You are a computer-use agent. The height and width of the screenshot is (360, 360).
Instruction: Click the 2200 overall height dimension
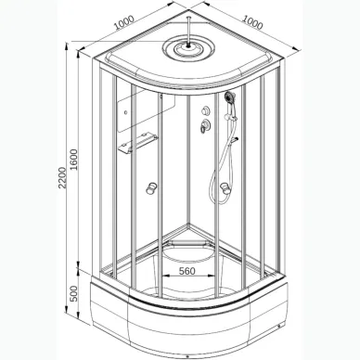[63, 178]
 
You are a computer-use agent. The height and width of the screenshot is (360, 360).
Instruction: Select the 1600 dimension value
[74, 160]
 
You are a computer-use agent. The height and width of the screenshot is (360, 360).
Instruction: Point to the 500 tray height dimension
[74, 293]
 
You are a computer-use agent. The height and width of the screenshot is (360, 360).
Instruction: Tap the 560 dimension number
[187, 271]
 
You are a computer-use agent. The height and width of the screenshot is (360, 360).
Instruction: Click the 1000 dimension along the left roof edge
[124, 23]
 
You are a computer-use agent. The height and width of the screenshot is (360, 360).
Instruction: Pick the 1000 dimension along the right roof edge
[252, 22]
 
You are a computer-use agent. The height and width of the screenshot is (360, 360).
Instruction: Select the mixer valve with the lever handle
[204, 125]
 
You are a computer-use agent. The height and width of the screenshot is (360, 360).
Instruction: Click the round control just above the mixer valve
[205, 110]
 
